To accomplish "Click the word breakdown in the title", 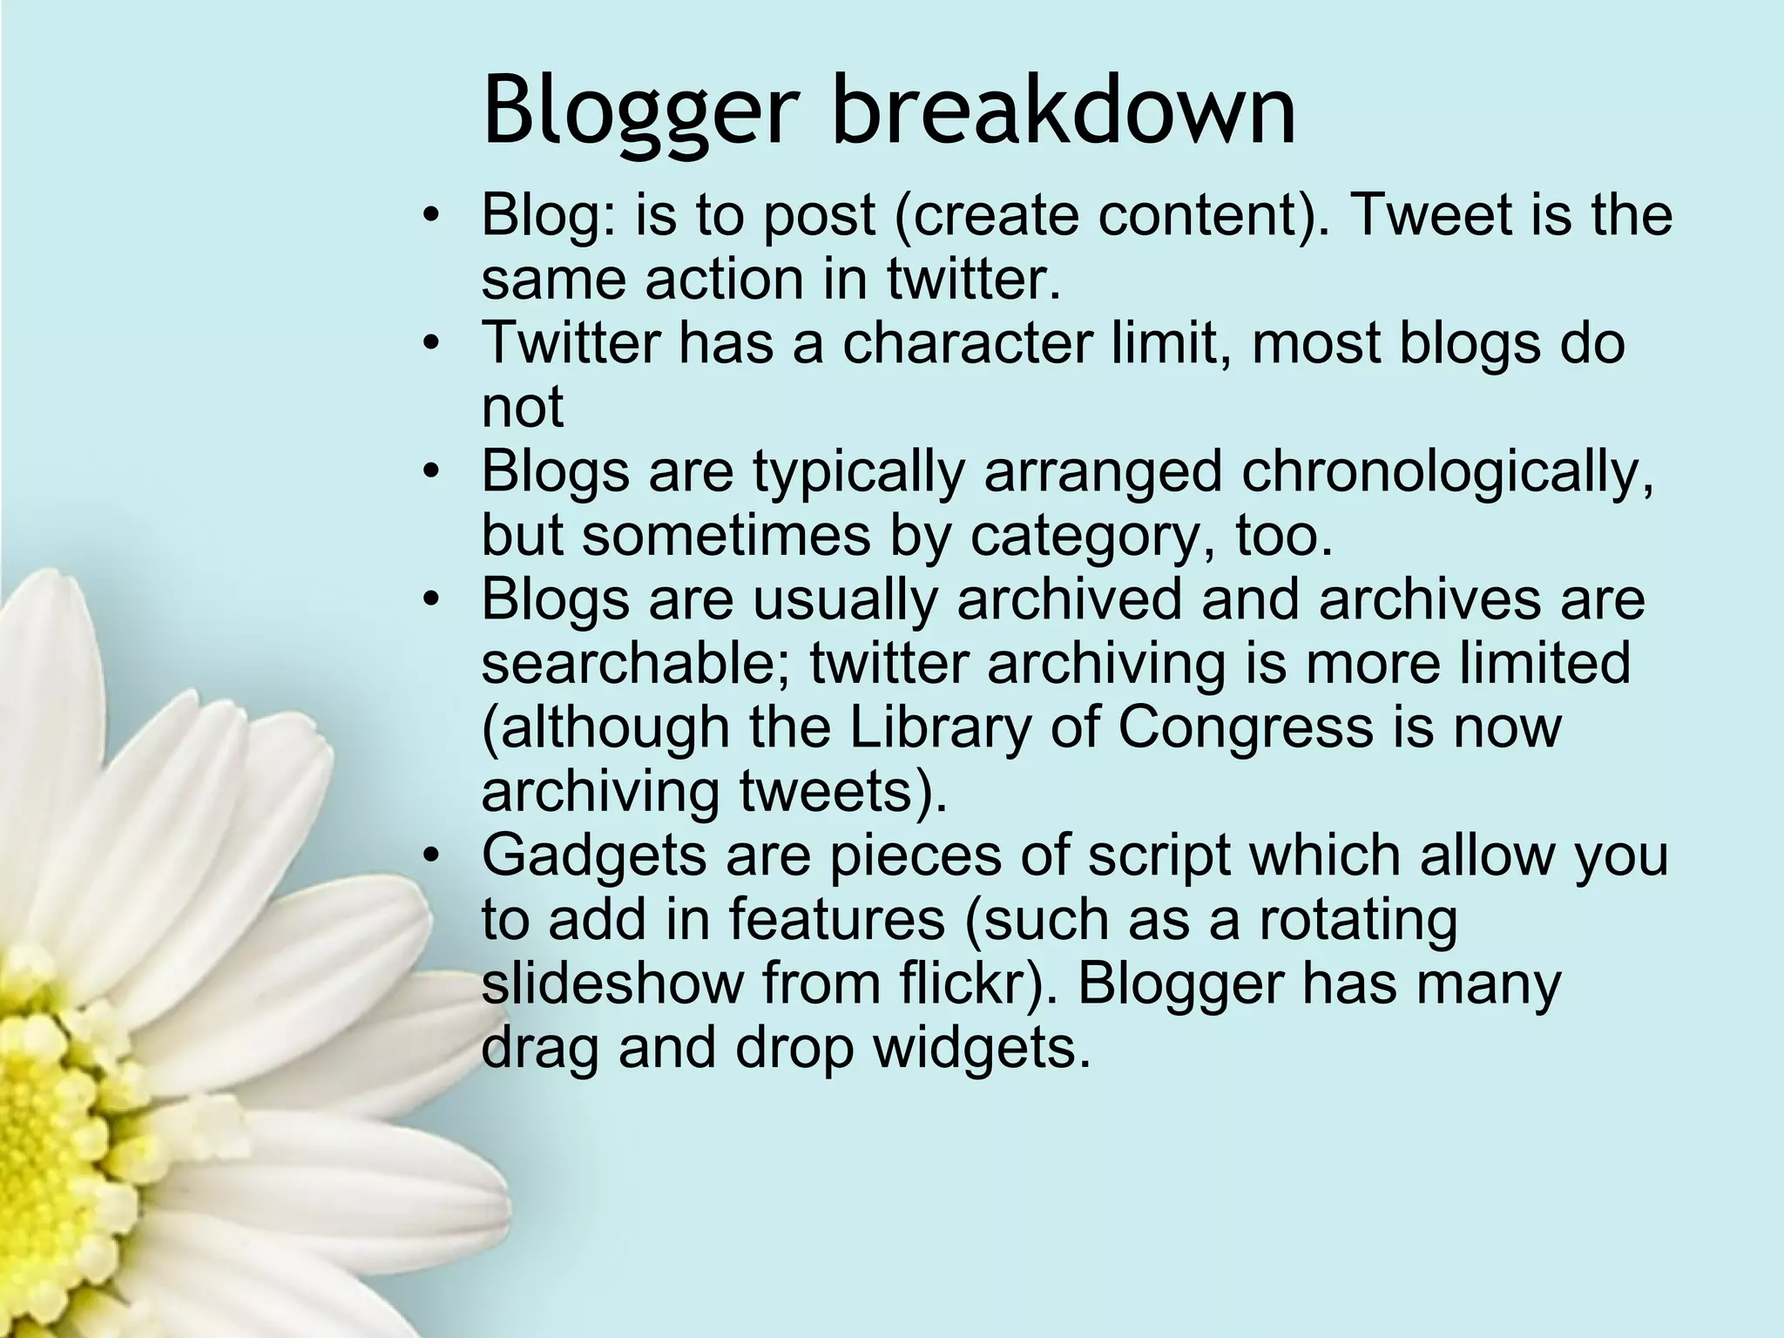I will coord(1064,111).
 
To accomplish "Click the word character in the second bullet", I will coord(966,342).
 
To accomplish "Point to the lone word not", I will coord(523,407).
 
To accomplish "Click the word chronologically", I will coord(1447,471).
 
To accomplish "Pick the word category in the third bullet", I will coord(1088,536).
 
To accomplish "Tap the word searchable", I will coord(635,663).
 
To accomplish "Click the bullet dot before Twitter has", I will coord(429,344).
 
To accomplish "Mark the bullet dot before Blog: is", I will coord(429,216).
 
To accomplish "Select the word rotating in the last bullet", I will coord(1358,919).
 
